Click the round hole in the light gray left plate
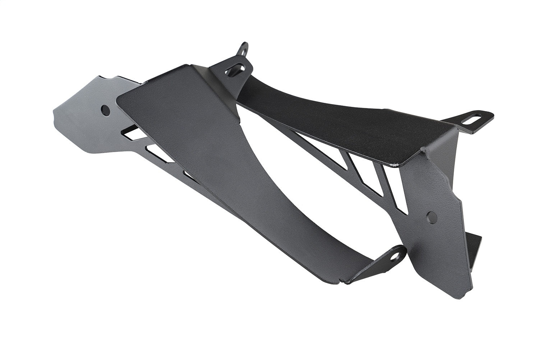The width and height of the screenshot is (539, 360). click(x=106, y=110)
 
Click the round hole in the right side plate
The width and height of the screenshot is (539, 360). click(x=430, y=217)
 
